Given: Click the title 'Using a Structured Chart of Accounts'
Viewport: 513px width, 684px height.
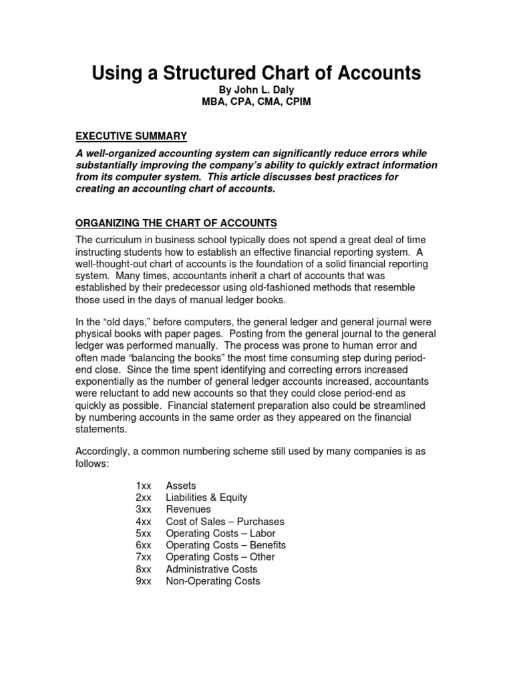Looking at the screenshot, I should tap(256, 73).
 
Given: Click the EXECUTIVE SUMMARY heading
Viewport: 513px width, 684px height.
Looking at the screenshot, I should tap(131, 136).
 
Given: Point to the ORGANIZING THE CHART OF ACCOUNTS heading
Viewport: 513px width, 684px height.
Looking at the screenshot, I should tap(176, 222).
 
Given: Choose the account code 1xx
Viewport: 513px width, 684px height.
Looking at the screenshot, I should tap(144, 486).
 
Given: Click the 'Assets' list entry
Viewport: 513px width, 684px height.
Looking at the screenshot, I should tap(181, 486).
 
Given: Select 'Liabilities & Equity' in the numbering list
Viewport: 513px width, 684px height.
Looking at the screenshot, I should tap(206, 498).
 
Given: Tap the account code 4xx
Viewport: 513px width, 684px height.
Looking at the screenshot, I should tap(144, 522).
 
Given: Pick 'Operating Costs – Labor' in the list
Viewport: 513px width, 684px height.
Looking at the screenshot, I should tap(220, 534).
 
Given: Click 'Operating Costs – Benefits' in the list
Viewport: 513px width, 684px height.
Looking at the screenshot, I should tap(226, 546).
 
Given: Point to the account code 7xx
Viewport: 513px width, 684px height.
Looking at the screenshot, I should tap(144, 557).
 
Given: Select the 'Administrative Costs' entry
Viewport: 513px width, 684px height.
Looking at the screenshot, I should tap(211, 569).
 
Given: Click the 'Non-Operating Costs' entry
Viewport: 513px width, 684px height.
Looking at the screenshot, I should tap(213, 581).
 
